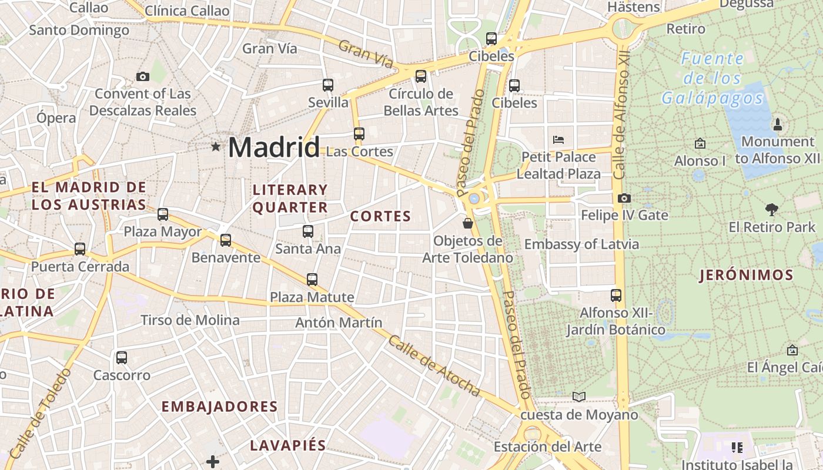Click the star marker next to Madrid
pyautogui.click(x=216, y=147)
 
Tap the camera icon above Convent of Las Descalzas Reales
pyautogui.click(x=142, y=76)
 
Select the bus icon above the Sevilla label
pyautogui.click(x=328, y=85)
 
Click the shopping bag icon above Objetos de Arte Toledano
pyautogui.click(x=468, y=223)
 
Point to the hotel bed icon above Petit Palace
pyautogui.click(x=558, y=140)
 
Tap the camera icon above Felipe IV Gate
pyautogui.click(x=624, y=199)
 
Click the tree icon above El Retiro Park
pyautogui.click(x=772, y=209)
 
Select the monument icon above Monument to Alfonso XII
pyautogui.click(x=778, y=124)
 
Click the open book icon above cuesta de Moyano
pyautogui.click(x=579, y=397)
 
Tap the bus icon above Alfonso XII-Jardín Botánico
pyautogui.click(x=616, y=295)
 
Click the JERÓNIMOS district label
pyautogui.click(x=746, y=275)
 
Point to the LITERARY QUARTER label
pyautogui.click(x=290, y=199)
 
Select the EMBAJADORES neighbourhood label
pyautogui.click(x=219, y=407)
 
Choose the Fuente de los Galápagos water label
pyautogui.click(x=712, y=78)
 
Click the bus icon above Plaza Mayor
pyautogui.click(x=163, y=214)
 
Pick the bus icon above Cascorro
pyautogui.click(x=122, y=357)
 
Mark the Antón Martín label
pyautogui.click(x=339, y=323)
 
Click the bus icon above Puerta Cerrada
pyautogui.click(x=80, y=249)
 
